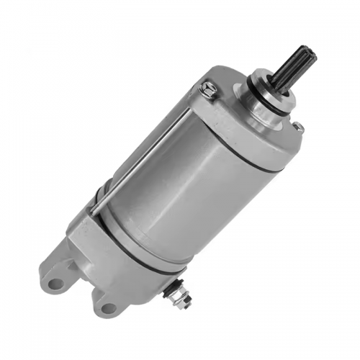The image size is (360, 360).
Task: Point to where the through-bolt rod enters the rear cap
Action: [94, 210]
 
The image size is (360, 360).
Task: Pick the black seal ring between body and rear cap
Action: [137, 238]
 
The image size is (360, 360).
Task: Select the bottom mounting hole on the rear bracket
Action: [108, 308]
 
